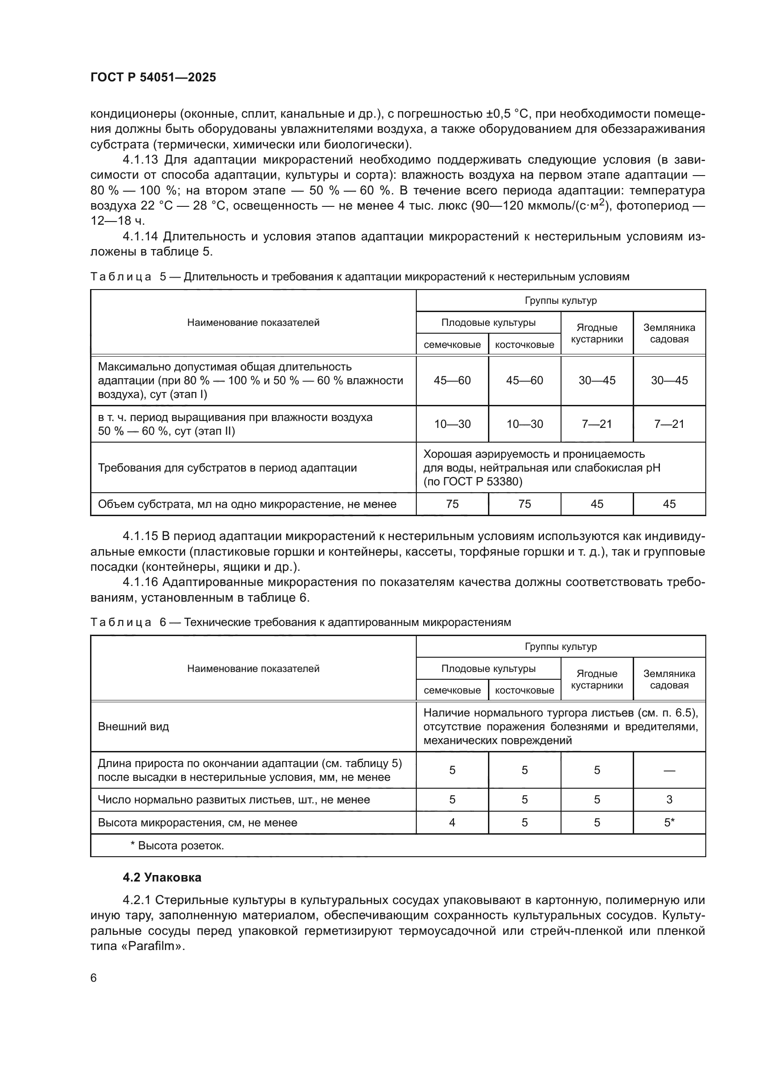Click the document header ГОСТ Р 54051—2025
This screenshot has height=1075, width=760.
tap(153, 77)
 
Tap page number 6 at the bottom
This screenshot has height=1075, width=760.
tap(94, 978)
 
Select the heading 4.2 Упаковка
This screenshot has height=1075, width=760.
tap(162, 877)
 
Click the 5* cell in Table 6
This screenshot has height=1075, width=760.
tap(669, 823)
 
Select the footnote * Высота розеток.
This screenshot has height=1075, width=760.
tap(177, 846)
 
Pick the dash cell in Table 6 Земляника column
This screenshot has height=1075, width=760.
tap(669, 770)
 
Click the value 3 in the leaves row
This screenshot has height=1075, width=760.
tap(669, 800)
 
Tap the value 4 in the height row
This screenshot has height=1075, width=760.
tap(452, 823)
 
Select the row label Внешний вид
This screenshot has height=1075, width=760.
tap(133, 727)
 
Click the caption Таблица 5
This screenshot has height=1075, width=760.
tap(121, 277)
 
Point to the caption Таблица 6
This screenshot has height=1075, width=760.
tap(121, 622)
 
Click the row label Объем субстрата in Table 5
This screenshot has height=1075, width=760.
tap(247, 504)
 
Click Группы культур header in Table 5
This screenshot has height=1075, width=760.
tap(560, 301)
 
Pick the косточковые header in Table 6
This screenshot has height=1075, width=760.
tap(524, 690)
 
